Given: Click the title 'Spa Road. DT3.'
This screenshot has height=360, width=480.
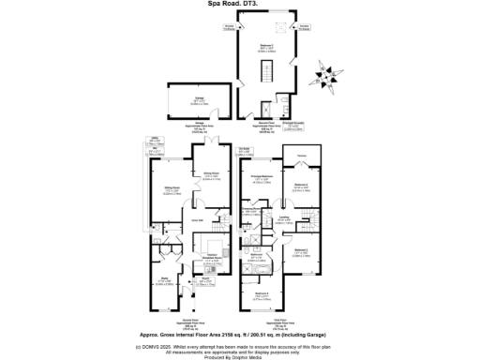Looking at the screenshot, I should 239,4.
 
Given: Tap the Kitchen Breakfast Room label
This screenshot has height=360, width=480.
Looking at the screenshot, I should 212,258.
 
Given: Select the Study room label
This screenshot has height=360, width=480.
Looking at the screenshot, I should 163,278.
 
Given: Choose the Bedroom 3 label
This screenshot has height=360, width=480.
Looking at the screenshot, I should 301,250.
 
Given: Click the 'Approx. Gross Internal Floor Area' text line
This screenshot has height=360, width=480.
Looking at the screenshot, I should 240,334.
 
